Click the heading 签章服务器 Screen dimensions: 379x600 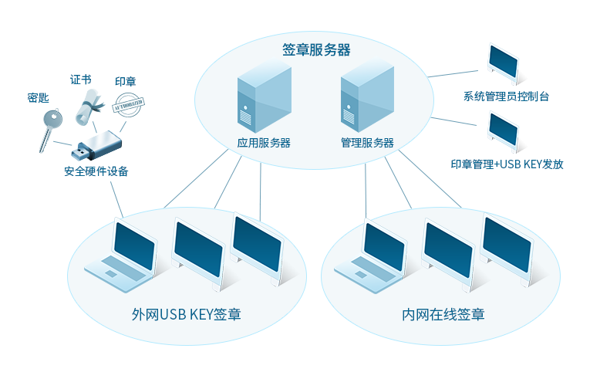pos(316,50)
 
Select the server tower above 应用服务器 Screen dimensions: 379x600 pos(264,99)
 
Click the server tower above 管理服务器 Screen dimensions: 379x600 pos(366,97)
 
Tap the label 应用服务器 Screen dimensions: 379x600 pos(264,143)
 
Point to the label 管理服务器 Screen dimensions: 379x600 pos(367,143)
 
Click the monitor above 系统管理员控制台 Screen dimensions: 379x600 pos(503,62)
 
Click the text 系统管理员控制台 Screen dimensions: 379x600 pos(506,97)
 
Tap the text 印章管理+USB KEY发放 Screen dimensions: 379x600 pos(507,164)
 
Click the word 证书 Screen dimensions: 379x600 pos(81,80)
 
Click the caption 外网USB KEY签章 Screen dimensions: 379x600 pos(186,315)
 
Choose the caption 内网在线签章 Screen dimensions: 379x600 pos(443,315)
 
